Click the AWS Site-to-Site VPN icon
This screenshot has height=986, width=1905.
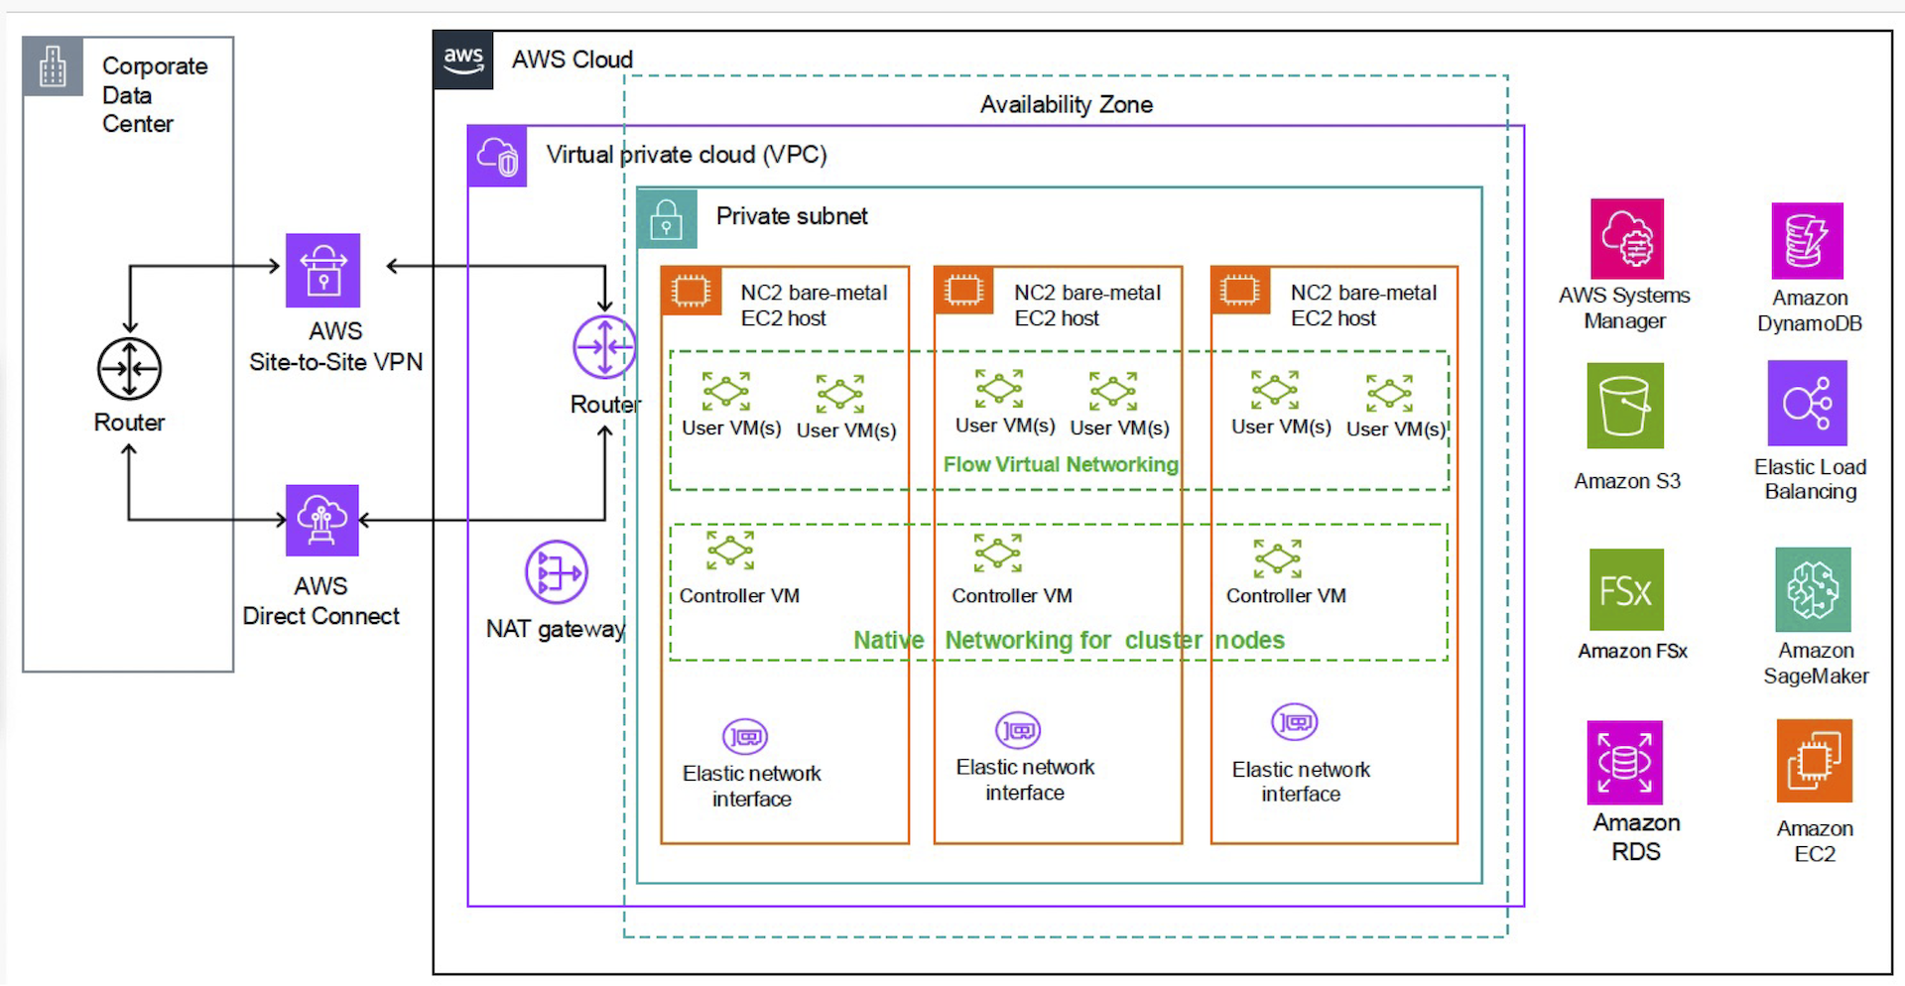click(x=322, y=270)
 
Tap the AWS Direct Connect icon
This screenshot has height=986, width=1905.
click(x=321, y=520)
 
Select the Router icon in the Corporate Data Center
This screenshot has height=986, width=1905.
click(x=129, y=369)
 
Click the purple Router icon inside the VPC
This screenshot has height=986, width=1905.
click(x=604, y=347)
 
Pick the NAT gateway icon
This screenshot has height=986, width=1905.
click(x=556, y=572)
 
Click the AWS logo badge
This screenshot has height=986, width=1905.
click(x=463, y=60)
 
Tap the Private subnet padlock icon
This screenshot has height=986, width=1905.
click(x=667, y=219)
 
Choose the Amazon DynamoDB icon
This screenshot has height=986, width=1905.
click(x=1807, y=241)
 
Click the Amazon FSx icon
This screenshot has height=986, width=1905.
click(x=1625, y=590)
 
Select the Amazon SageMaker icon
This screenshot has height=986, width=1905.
click(x=1813, y=589)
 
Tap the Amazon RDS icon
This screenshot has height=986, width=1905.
click(x=1624, y=762)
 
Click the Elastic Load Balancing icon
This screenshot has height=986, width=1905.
click(x=1807, y=403)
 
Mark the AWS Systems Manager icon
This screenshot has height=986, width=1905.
click(x=1626, y=239)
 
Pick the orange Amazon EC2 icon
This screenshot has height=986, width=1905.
click(x=1814, y=761)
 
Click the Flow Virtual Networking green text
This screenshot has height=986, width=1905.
click(x=1060, y=464)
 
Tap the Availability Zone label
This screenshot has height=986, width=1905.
click(x=1066, y=104)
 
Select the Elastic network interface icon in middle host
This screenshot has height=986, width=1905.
click(x=1018, y=731)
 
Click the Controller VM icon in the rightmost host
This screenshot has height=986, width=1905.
click(x=1277, y=558)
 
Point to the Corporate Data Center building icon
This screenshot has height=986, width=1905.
click(x=53, y=66)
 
